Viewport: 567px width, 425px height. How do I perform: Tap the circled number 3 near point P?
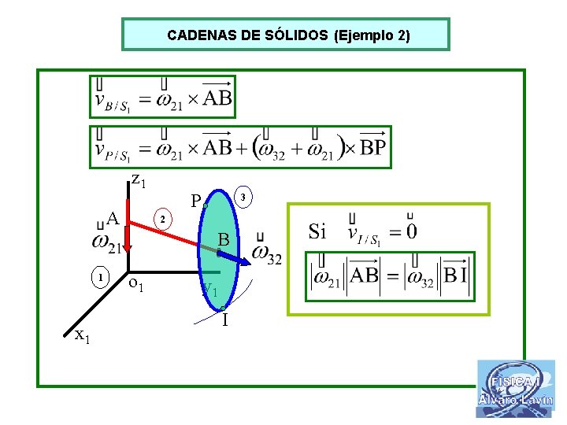(x=244, y=196)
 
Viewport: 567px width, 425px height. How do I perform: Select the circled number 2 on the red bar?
(x=161, y=218)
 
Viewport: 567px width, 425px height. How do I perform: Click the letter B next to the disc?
(x=223, y=239)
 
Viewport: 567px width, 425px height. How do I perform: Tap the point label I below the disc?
(x=225, y=320)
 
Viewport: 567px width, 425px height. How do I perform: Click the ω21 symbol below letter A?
(x=106, y=243)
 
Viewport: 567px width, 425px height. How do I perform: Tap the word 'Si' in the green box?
(x=317, y=231)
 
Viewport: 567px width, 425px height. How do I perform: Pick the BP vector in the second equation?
(x=372, y=149)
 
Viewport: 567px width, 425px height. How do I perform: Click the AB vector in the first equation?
(x=217, y=98)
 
